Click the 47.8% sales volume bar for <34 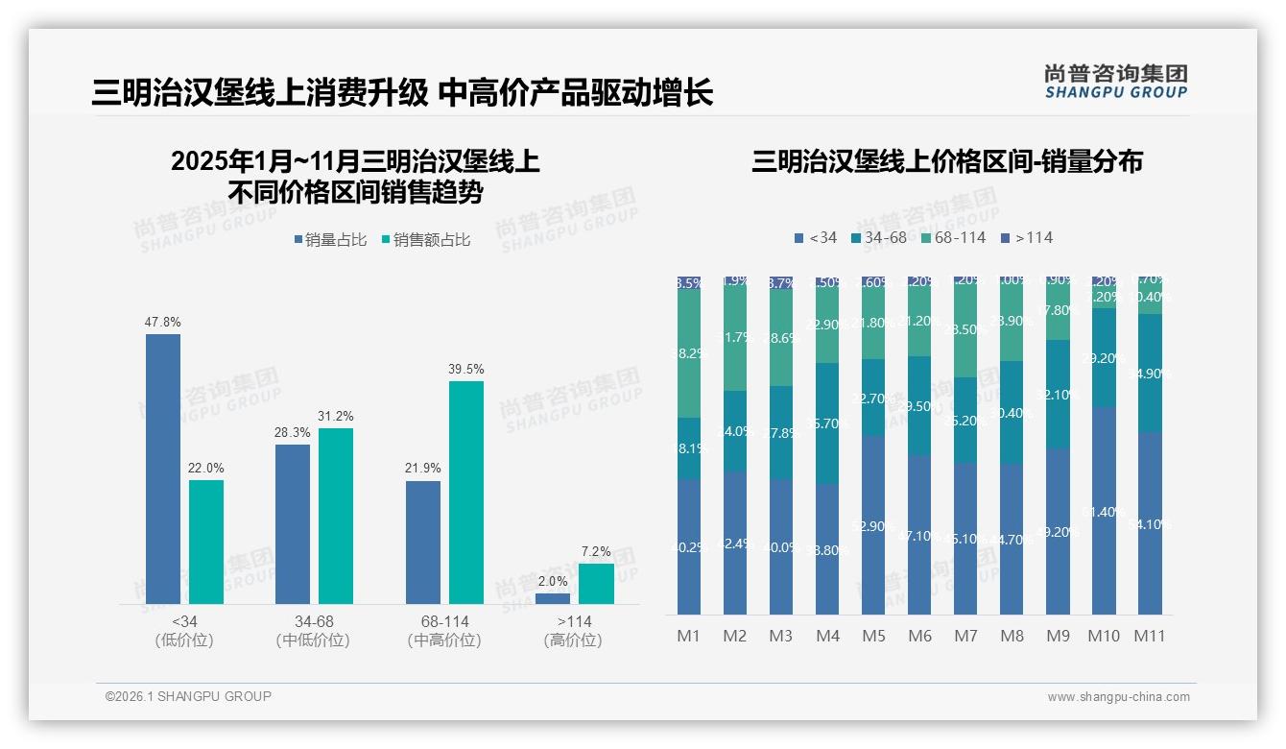pyautogui.click(x=163, y=469)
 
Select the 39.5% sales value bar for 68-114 pyautogui.click(x=466, y=493)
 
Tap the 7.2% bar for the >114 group pyautogui.click(x=596, y=584)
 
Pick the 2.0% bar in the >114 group pyautogui.click(x=553, y=598)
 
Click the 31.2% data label pyautogui.click(x=336, y=416)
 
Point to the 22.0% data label pyautogui.click(x=206, y=468)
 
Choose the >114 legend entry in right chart pyautogui.click(x=1027, y=237)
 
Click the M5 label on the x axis pyautogui.click(x=873, y=636)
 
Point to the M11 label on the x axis pyautogui.click(x=1150, y=636)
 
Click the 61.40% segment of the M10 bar pyautogui.click(x=1104, y=511)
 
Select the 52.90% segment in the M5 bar pyautogui.click(x=873, y=525)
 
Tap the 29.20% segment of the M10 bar pyautogui.click(x=1104, y=357)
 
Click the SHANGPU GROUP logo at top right pyautogui.click(x=1115, y=82)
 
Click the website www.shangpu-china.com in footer pyautogui.click(x=1118, y=697)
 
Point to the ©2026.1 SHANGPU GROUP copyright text pyautogui.click(x=188, y=696)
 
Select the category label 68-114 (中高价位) pyautogui.click(x=444, y=631)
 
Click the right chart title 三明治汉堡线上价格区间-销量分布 pyautogui.click(x=946, y=162)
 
